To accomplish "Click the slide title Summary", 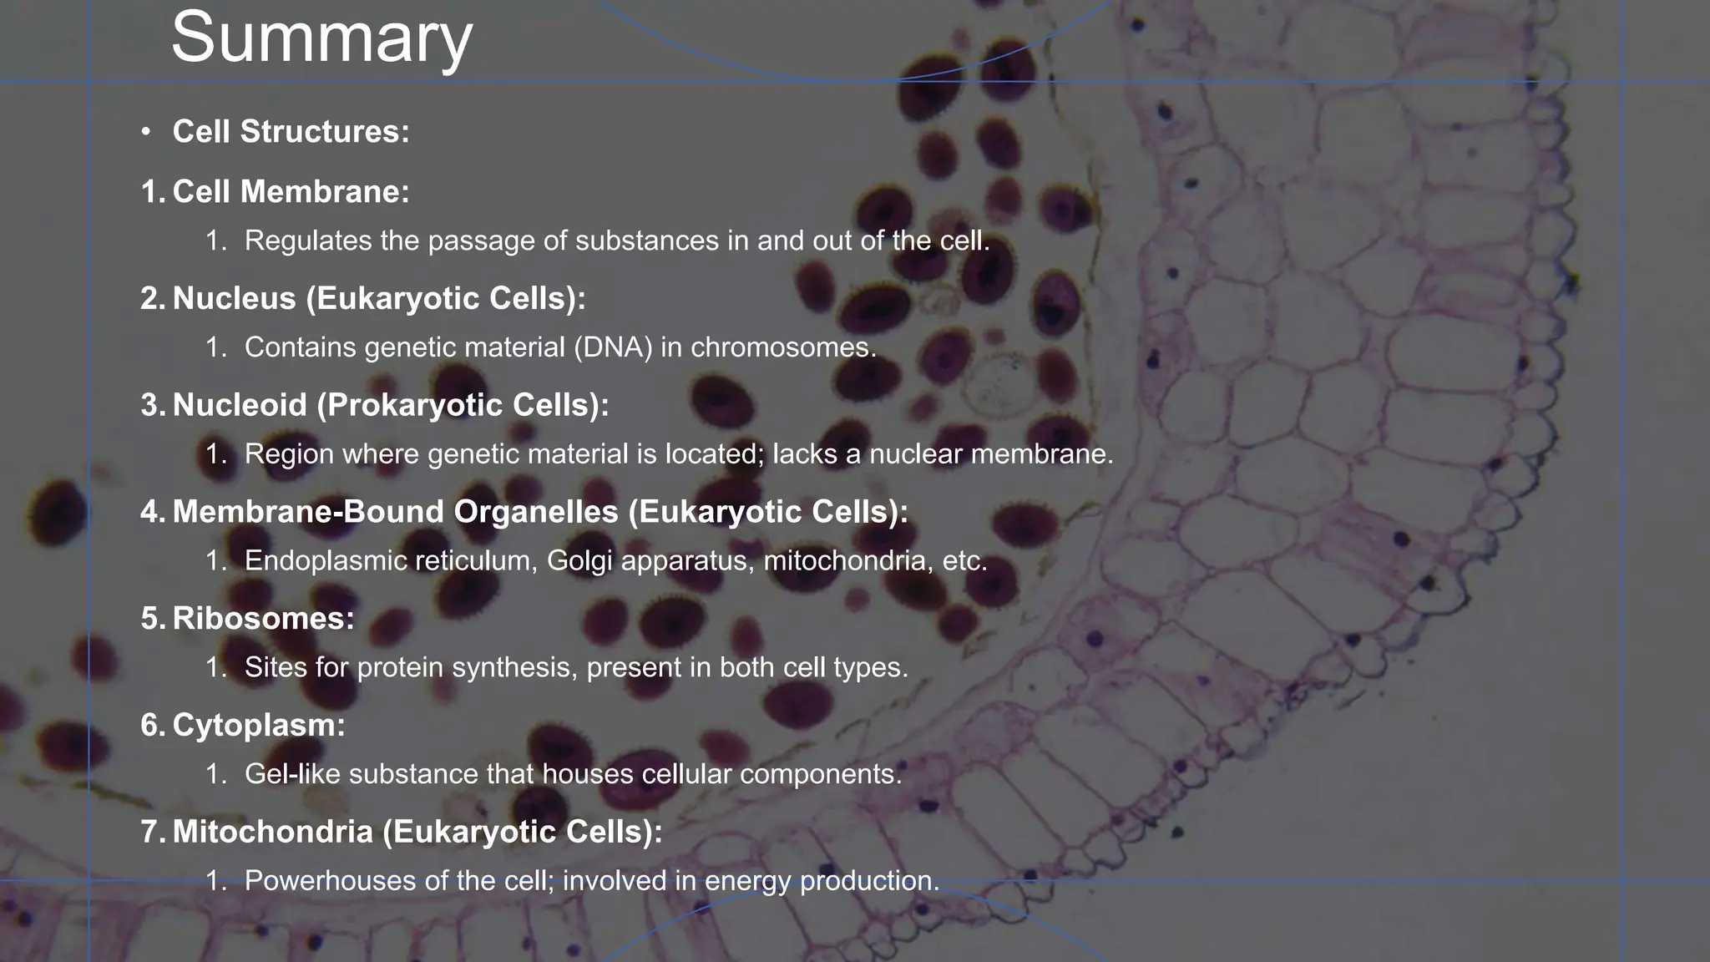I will pyautogui.click(x=321, y=38).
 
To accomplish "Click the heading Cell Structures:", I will pyautogui.click(x=291, y=132).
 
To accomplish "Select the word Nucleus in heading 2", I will pyautogui.click(x=234, y=299).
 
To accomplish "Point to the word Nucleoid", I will pyautogui.click(x=240, y=405).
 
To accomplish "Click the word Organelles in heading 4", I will pyautogui.click(x=535, y=512).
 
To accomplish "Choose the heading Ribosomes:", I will pyautogui.click(x=263, y=619).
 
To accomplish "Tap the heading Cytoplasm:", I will pyautogui.click(x=258, y=726).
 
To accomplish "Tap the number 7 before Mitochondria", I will pyautogui.click(x=150, y=832).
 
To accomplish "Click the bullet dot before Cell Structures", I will pyautogui.click(x=146, y=132).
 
